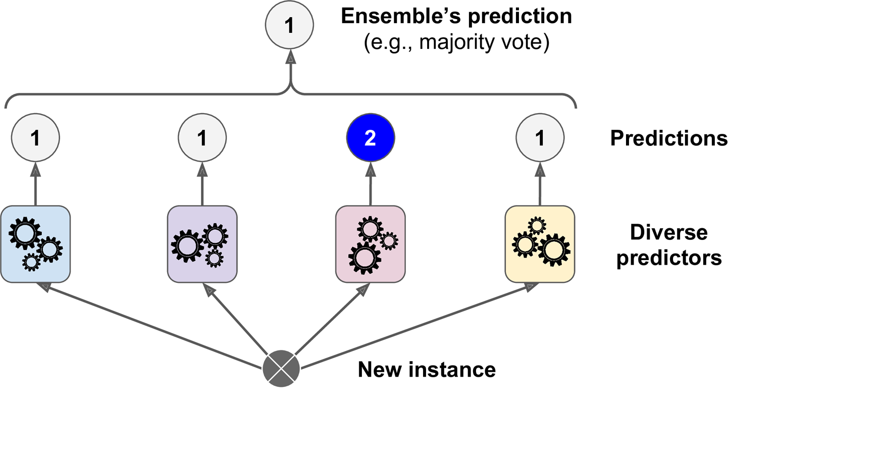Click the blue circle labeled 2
pos(370,137)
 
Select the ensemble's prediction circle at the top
pos(289,25)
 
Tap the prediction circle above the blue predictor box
pos(35,137)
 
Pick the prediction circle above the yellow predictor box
pos(540,137)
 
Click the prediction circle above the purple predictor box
pos(202,137)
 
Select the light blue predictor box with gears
pos(35,244)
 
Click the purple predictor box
pos(202,244)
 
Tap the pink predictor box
pos(370,244)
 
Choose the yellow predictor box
pos(540,244)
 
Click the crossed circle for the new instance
pos(281,369)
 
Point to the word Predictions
pos(668,138)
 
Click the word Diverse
pos(668,232)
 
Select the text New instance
pos(427,370)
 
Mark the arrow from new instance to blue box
pos(151,326)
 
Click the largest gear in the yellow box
pos(554,249)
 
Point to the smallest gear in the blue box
pos(31,262)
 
